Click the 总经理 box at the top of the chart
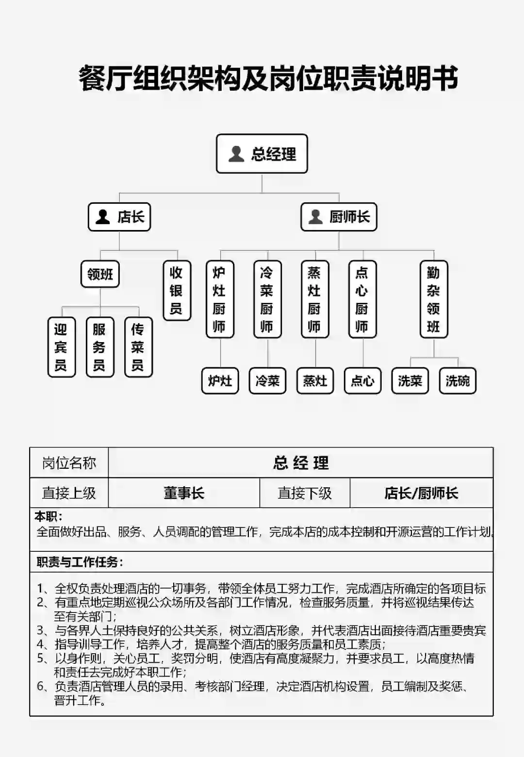(x=262, y=154)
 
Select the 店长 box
(x=119, y=217)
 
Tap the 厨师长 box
(x=339, y=217)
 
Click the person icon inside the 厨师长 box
(x=316, y=217)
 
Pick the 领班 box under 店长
(x=100, y=274)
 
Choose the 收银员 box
(x=177, y=291)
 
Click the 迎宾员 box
(x=61, y=347)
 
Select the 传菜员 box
(x=138, y=347)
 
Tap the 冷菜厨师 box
(x=267, y=299)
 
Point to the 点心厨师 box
(x=362, y=299)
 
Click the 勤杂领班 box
(x=434, y=299)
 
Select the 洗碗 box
(x=458, y=380)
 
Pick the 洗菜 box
(x=410, y=380)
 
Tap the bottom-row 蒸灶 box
(x=315, y=380)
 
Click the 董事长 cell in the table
(x=184, y=493)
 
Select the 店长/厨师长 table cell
(x=421, y=493)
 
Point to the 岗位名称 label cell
(x=69, y=463)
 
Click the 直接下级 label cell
(x=305, y=493)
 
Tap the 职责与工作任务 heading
(x=80, y=562)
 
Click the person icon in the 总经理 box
(x=236, y=154)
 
